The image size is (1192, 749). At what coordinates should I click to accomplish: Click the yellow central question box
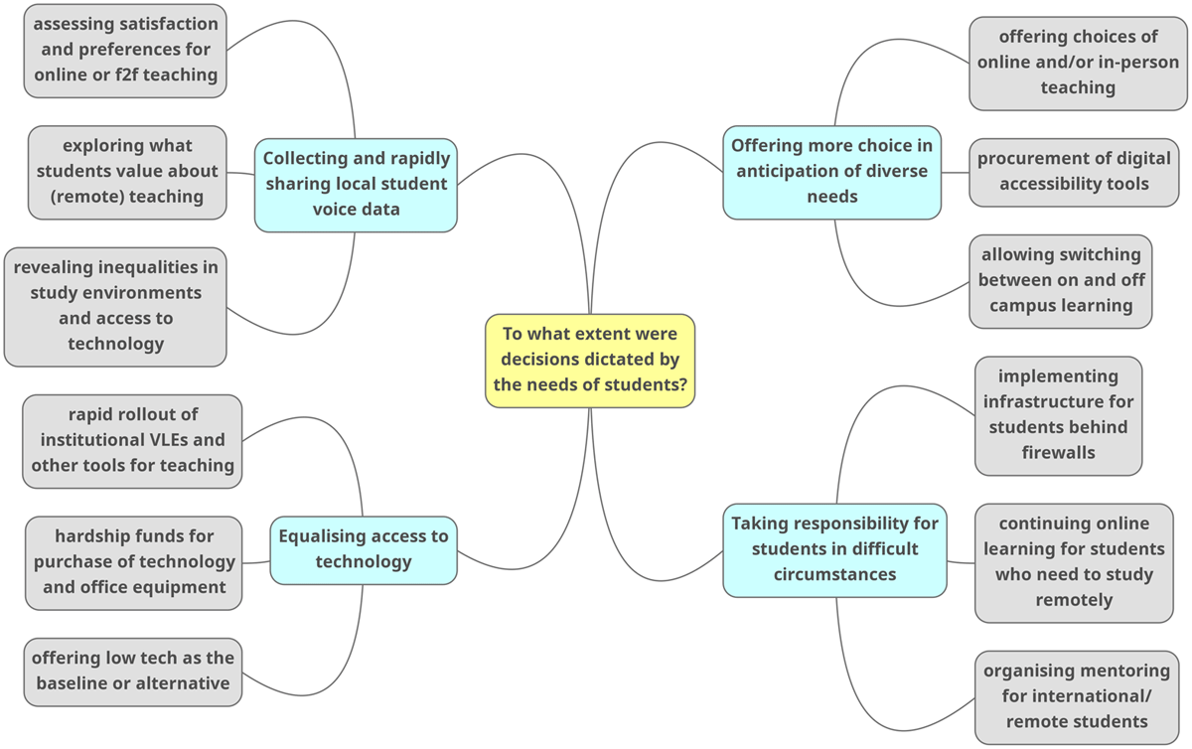click(x=590, y=361)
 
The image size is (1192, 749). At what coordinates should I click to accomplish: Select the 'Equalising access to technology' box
click(x=364, y=549)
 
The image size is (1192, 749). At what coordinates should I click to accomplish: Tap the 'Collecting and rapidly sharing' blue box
click(x=356, y=185)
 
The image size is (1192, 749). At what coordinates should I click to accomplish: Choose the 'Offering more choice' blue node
click(x=831, y=172)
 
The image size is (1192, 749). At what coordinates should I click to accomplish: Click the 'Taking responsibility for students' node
click(x=834, y=549)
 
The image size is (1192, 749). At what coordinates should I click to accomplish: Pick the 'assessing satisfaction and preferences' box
click(x=126, y=51)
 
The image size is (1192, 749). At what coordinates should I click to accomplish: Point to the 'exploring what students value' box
click(x=127, y=172)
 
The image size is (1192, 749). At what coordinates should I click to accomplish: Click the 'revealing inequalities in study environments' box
click(x=115, y=306)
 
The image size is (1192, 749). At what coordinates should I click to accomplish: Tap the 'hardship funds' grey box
click(x=134, y=562)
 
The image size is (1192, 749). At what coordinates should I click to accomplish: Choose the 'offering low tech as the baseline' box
click(x=133, y=672)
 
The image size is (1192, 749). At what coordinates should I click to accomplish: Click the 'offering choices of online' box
click(x=1078, y=63)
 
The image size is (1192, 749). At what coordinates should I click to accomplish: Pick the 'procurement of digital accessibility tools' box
click(x=1074, y=172)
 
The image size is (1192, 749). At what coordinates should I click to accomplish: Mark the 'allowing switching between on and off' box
click(x=1061, y=281)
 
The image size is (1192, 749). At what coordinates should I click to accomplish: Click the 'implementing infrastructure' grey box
click(x=1058, y=415)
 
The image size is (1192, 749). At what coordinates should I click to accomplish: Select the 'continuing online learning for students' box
click(x=1074, y=562)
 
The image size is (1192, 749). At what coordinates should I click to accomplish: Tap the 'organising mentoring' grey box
click(x=1077, y=696)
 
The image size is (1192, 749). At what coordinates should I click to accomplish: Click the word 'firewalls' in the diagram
click(x=1058, y=453)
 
